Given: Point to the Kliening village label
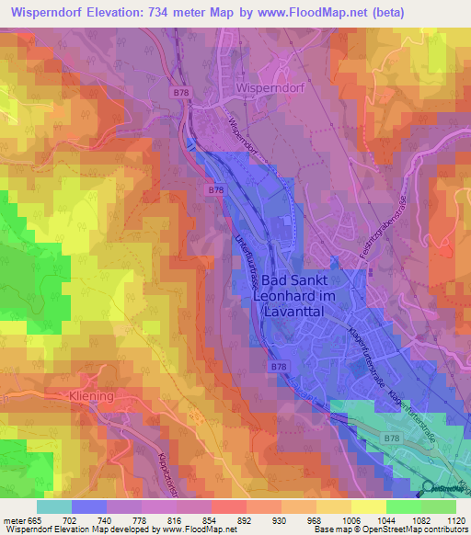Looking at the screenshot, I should point(91,395).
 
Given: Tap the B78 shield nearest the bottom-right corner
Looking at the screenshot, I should point(392,438).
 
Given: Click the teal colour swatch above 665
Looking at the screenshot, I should point(53,507).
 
